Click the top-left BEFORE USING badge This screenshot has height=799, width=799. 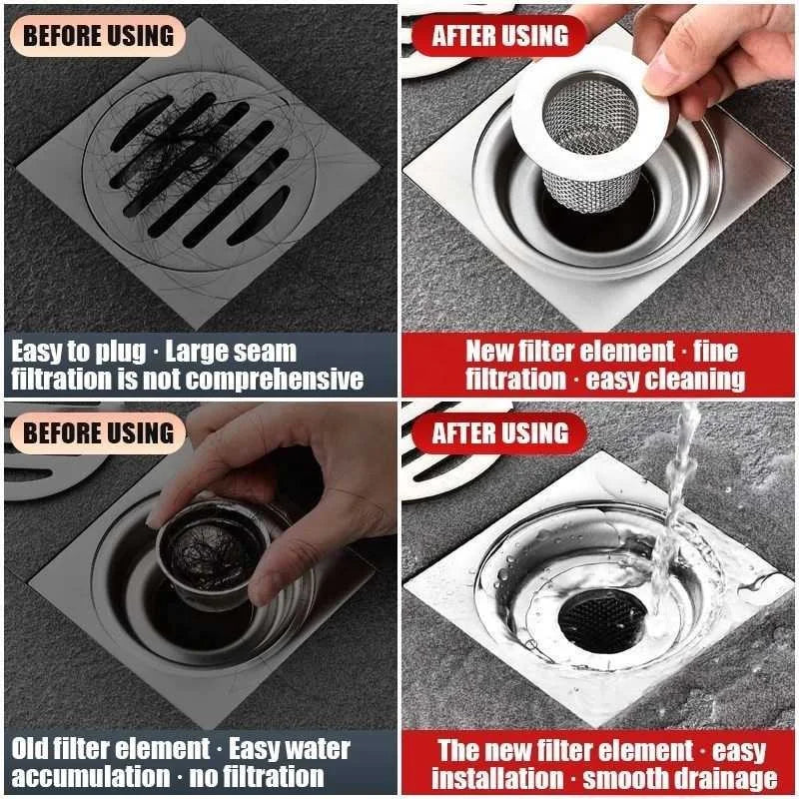tap(97, 35)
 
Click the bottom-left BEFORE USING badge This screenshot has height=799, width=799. tap(97, 432)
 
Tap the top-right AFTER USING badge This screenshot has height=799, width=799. tap(499, 36)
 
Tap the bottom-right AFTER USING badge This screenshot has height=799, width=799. tap(499, 433)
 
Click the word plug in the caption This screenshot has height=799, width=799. tap(121, 352)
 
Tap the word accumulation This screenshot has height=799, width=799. tap(81, 777)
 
